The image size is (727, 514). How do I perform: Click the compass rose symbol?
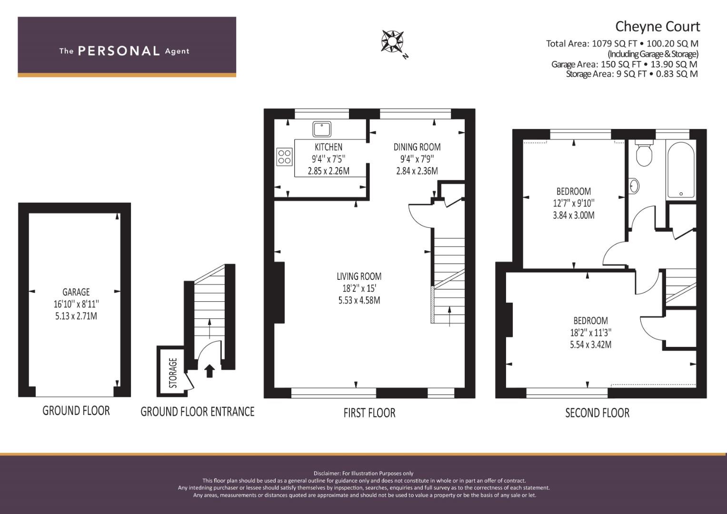tap(392, 41)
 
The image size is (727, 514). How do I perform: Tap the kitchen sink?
tap(322, 129)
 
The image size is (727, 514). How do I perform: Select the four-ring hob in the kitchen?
tap(284, 157)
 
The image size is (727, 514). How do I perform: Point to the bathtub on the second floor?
tap(681, 170)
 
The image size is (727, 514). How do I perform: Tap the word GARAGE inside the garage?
tap(76, 292)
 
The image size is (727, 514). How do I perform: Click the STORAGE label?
tap(173, 373)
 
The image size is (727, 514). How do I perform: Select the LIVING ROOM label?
tap(359, 277)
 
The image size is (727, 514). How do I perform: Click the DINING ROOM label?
tap(417, 147)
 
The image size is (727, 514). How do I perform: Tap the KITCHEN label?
tap(329, 147)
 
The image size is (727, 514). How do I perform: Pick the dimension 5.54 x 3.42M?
tap(591, 344)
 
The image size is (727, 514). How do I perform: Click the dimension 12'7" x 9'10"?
tap(574, 203)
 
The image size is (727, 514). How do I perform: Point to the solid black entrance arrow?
tap(209, 371)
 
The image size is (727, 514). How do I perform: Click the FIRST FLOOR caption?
tap(369, 413)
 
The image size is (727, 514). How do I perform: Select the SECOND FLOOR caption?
tap(597, 413)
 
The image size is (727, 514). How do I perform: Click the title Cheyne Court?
tap(657, 27)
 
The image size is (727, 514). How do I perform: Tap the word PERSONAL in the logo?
tap(119, 51)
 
